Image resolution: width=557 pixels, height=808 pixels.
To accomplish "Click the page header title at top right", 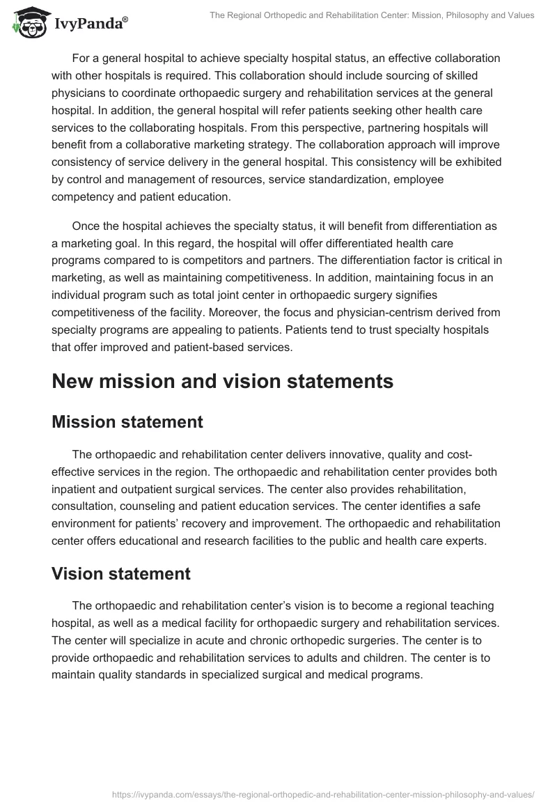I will click(x=372, y=15).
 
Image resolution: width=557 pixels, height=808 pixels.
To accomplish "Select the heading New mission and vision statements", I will click(x=222, y=381).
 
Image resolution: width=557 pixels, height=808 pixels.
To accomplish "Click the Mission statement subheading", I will click(x=127, y=421).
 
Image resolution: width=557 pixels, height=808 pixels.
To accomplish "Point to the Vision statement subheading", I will click(x=121, y=573).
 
